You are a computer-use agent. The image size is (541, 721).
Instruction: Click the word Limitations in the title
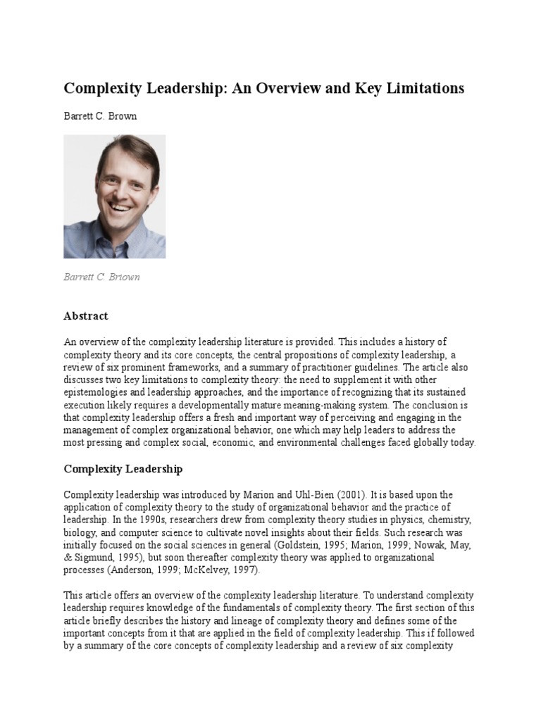(418, 88)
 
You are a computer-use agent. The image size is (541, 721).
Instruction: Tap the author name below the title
(100, 116)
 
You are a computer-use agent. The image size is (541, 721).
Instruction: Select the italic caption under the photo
(101, 277)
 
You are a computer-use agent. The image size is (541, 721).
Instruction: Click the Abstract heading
(86, 316)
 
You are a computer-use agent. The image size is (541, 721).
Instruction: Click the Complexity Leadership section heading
(123, 468)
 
